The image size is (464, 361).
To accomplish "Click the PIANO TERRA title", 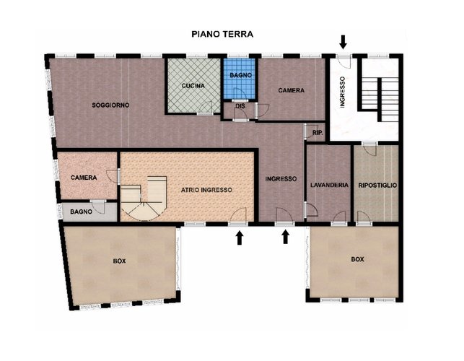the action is pos(222,34).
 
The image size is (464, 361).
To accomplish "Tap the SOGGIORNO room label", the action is pos(110,105).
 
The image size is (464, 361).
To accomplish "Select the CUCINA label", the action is pos(193,86).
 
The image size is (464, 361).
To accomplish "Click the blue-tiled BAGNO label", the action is pos(240,75).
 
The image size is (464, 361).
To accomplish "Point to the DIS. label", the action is pos(241,105).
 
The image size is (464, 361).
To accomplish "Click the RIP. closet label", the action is pos(318,133).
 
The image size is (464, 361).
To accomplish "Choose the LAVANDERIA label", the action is pos(329,185).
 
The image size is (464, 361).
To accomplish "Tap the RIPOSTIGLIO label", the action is pos(377,186).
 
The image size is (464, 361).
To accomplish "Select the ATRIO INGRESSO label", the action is pos(206,190).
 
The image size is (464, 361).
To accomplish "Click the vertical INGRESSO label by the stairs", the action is pos(342,92).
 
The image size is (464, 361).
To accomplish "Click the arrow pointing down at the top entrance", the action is pos(343,42).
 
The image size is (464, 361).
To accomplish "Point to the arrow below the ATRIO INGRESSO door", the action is pos(240,238).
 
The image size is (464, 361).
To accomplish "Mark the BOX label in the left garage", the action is pos(120,261).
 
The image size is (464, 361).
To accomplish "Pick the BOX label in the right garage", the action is pos(357,259).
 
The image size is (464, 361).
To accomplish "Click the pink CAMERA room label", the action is pos(84,178).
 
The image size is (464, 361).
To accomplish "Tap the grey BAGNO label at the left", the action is pos(81,212).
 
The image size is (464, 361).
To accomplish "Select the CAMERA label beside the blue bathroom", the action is pos(292,90).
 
